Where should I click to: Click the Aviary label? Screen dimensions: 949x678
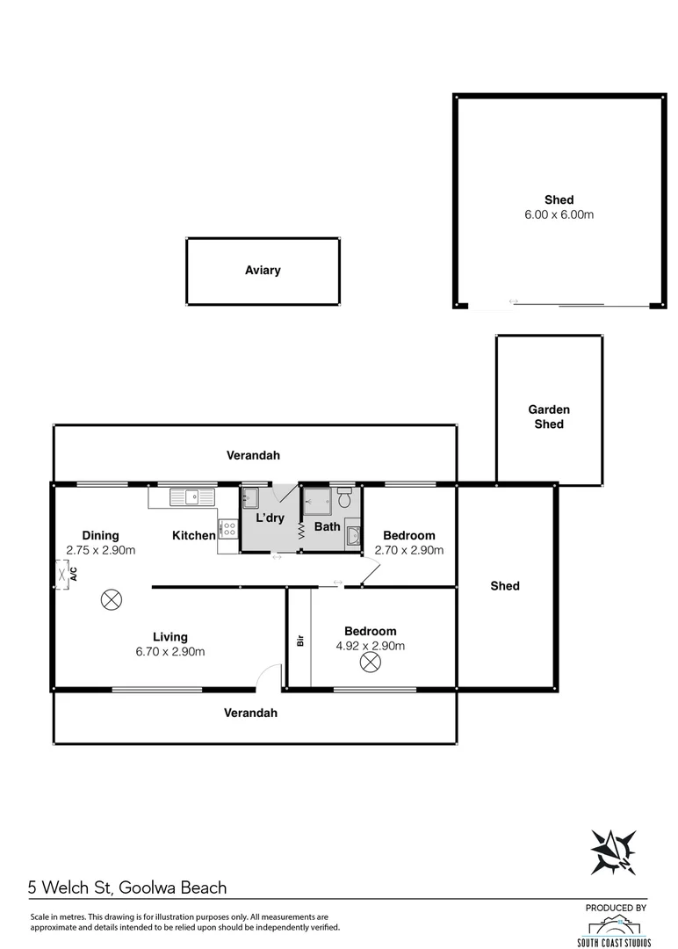click(x=263, y=271)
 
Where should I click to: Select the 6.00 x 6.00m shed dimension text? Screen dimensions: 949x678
click(x=559, y=214)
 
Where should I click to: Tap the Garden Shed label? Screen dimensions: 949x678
click(x=549, y=417)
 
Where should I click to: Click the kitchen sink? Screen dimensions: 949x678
click(x=193, y=497)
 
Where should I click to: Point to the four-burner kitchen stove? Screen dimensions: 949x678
click(x=228, y=529)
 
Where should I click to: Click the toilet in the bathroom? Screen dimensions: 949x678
click(x=344, y=498)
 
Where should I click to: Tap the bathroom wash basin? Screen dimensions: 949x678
click(x=354, y=535)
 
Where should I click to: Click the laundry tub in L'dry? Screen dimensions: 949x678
click(x=250, y=498)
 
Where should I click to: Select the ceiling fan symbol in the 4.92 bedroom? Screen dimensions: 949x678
click(x=368, y=664)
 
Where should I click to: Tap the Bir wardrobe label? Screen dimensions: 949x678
click(x=299, y=641)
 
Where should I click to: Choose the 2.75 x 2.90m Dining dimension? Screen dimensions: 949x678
click(x=100, y=550)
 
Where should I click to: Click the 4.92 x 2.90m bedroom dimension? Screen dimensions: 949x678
click(x=370, y=646)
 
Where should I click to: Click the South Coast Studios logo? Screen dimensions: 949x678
click(x=618, y=927)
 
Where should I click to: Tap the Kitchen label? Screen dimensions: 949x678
click(x=193, y=535)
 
